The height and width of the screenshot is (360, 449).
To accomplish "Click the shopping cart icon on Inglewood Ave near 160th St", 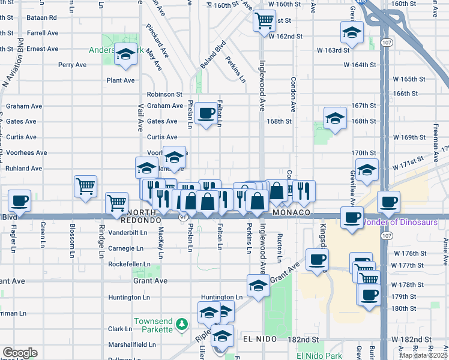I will (264, 21).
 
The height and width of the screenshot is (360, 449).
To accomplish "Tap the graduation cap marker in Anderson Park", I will (125, 55).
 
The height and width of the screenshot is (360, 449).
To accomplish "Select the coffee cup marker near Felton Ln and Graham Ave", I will (206, 112).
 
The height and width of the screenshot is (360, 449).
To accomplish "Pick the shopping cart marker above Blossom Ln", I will (86, 185).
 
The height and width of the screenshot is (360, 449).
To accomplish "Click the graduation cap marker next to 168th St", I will (335, 119).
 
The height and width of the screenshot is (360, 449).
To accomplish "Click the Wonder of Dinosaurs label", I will (399, 223).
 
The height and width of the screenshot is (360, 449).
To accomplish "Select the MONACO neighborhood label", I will (291, 213).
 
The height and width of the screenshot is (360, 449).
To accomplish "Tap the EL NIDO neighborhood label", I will (259, 339).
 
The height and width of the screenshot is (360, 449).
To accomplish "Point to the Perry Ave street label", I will (73, 65).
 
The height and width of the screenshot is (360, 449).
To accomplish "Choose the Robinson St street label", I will (164, 94).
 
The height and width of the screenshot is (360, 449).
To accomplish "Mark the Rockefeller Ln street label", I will (129, 264).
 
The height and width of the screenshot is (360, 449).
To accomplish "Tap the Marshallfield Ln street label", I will (128, 344).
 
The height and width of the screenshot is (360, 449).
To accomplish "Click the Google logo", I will (20, 353).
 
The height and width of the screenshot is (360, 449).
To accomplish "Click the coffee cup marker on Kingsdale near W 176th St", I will (316, 260).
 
